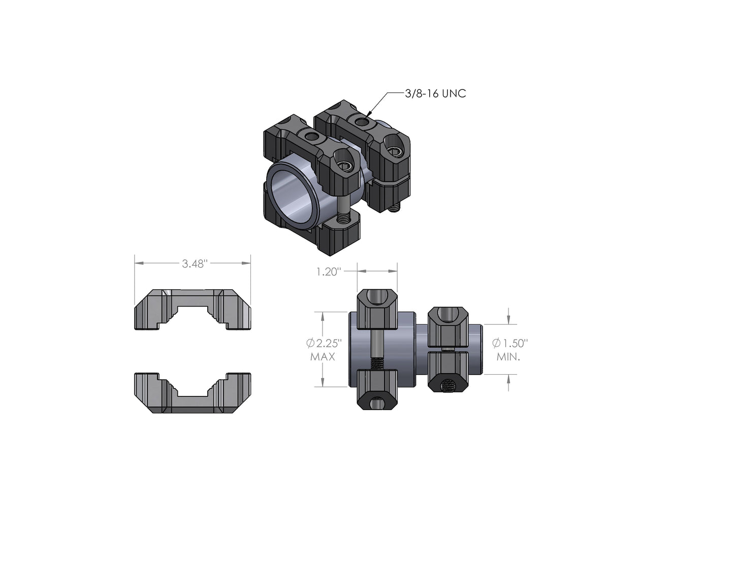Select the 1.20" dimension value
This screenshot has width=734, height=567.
[x=328, y=272]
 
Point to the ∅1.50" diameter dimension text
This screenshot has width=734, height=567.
[x=510, y=343]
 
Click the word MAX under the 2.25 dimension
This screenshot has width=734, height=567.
[x=323, y=357]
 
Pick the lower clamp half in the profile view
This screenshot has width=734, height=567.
[x=193, y=393]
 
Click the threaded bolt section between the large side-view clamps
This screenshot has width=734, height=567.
[x=376, y=363]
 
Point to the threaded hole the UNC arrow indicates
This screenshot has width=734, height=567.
[x=361, y=122]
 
